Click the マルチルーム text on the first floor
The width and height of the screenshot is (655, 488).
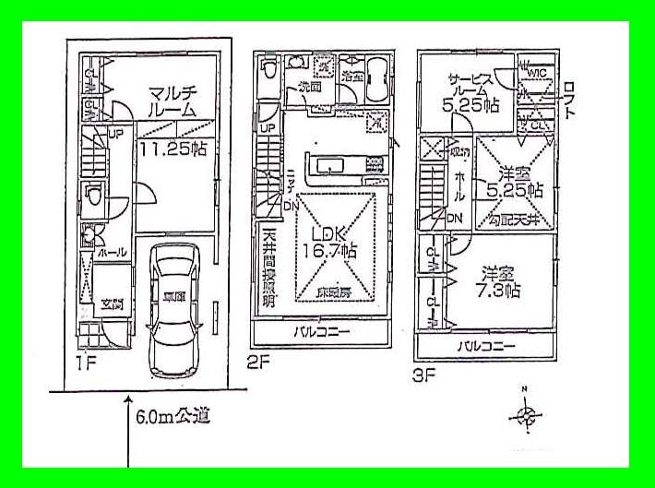pos(173,100)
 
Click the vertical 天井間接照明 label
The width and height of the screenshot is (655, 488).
pos(268,268)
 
